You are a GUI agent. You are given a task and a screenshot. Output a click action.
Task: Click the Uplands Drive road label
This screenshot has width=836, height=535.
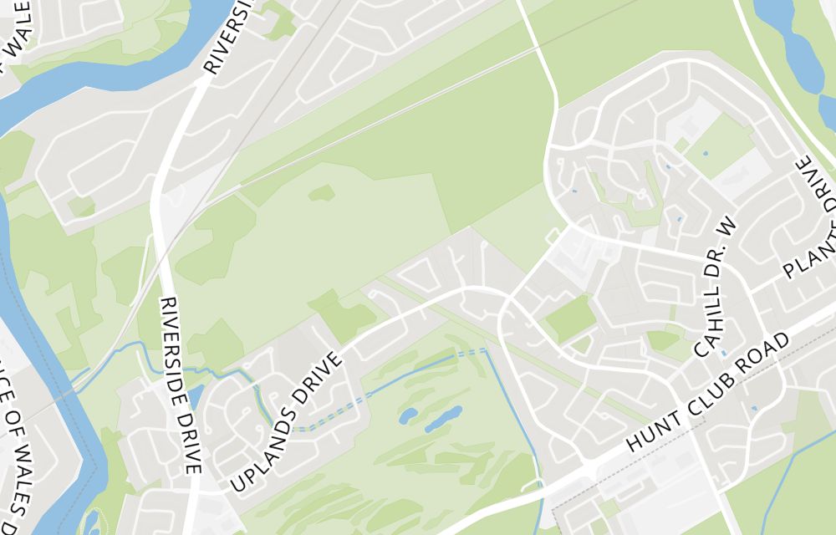tap(285, 423)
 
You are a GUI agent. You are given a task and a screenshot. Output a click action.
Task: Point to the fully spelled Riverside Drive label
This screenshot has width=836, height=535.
tap(181, 385)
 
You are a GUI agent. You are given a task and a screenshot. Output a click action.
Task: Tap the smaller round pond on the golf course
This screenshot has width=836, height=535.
tap(408, 415)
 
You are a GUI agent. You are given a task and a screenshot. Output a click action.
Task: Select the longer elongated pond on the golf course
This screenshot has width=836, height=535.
tap(443, 419)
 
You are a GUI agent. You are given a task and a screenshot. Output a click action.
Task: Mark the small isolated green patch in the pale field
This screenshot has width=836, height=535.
tap(322, 194)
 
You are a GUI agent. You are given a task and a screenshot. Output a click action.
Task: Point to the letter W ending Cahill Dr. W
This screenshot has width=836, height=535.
tap(730, 225)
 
